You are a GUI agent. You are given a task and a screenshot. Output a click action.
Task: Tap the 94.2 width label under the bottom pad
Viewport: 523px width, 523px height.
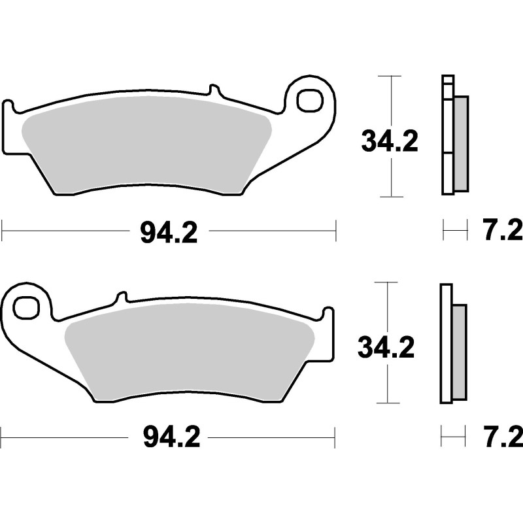point(168,437)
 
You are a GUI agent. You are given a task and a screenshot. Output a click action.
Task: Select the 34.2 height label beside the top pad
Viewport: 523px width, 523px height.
point(390,141)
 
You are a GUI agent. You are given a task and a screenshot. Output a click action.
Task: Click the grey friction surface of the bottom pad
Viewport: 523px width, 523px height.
point(190,353)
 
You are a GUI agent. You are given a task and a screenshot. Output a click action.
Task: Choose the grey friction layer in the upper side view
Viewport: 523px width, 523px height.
point(461,144)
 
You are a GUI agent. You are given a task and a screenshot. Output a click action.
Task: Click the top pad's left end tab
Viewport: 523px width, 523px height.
point(8,127)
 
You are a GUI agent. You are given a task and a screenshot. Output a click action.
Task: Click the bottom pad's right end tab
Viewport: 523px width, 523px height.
point(328,333)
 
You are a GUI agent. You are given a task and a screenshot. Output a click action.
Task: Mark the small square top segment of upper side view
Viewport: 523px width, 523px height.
point(447,81)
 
